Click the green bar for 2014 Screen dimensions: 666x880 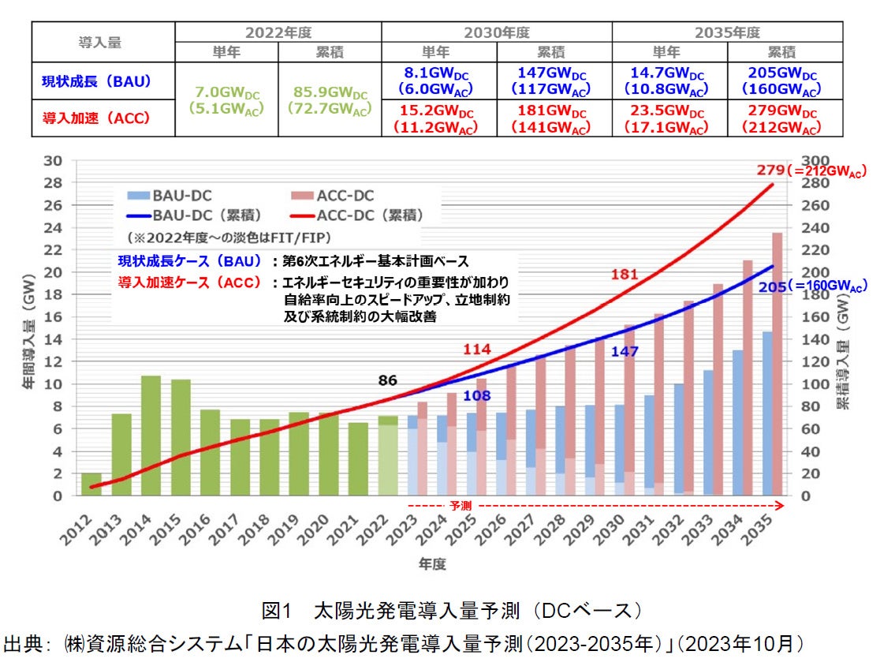point(151,436)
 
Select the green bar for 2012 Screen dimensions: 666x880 point(91,484)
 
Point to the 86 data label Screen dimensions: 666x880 point(387,381)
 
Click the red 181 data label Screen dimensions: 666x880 point(623,275)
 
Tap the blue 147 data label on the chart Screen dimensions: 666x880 point(625,352)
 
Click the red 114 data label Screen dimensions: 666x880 point(476,350)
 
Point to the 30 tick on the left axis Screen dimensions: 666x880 point(54,160)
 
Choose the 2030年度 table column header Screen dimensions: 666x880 point(497,32)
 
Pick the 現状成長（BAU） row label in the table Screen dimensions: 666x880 point(97,80)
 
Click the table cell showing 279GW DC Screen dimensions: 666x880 point(785,118)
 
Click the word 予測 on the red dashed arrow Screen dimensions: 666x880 point(461,503)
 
